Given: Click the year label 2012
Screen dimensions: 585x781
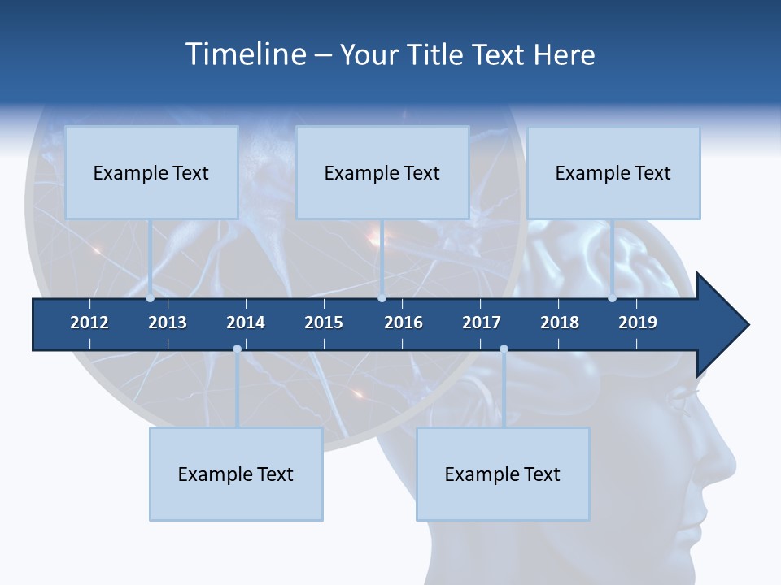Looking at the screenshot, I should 89,323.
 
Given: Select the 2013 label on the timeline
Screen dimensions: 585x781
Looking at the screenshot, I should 168,323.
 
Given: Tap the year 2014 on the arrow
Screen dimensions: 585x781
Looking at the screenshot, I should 246,323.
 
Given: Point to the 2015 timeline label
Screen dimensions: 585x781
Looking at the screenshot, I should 324,323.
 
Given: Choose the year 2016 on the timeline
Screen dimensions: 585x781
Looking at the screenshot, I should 404,323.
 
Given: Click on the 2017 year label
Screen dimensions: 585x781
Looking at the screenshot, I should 482,323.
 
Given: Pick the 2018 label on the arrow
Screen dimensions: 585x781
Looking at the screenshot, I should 560,323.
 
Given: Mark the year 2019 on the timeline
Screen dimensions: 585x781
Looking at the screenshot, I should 638,323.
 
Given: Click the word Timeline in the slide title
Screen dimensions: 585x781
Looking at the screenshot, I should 245,54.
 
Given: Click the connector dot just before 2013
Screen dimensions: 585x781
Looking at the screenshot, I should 150,298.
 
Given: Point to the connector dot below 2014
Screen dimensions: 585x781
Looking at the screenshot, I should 237,349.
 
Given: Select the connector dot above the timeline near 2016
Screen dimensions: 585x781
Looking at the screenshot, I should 382,298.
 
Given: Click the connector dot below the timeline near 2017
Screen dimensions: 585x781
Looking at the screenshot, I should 504,349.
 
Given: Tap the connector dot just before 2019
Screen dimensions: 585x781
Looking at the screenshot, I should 612,298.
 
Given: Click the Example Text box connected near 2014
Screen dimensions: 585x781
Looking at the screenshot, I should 236,474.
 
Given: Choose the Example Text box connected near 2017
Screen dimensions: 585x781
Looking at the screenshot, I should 503,474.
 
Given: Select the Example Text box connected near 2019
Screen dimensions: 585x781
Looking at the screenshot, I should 613,172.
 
